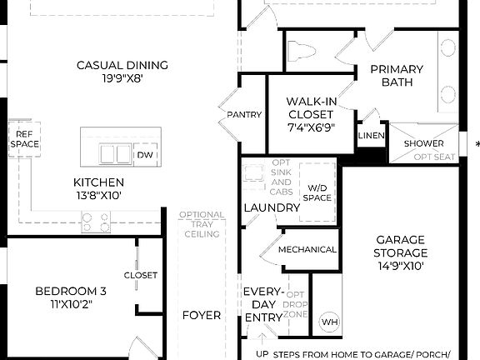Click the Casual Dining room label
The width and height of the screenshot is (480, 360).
point(122,65)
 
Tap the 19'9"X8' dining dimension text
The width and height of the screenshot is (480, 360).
point(122,80)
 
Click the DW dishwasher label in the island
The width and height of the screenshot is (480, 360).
point(144,155)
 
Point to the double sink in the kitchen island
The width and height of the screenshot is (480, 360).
point(115,154)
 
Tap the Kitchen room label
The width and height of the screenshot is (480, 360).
point(98,182)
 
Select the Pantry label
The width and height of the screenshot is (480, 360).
point(243,115)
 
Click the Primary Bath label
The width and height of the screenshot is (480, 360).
point(397,76)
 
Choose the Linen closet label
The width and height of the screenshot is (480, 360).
point(371,136)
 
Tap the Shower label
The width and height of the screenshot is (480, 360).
point(423,143)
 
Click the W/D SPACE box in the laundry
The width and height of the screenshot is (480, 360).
point(317,192)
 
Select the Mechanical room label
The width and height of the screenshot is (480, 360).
point(307,249)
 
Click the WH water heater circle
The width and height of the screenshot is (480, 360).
point(329,321)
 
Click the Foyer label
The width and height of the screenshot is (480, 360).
point(202,315)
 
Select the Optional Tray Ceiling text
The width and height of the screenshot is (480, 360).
point(201,224)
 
